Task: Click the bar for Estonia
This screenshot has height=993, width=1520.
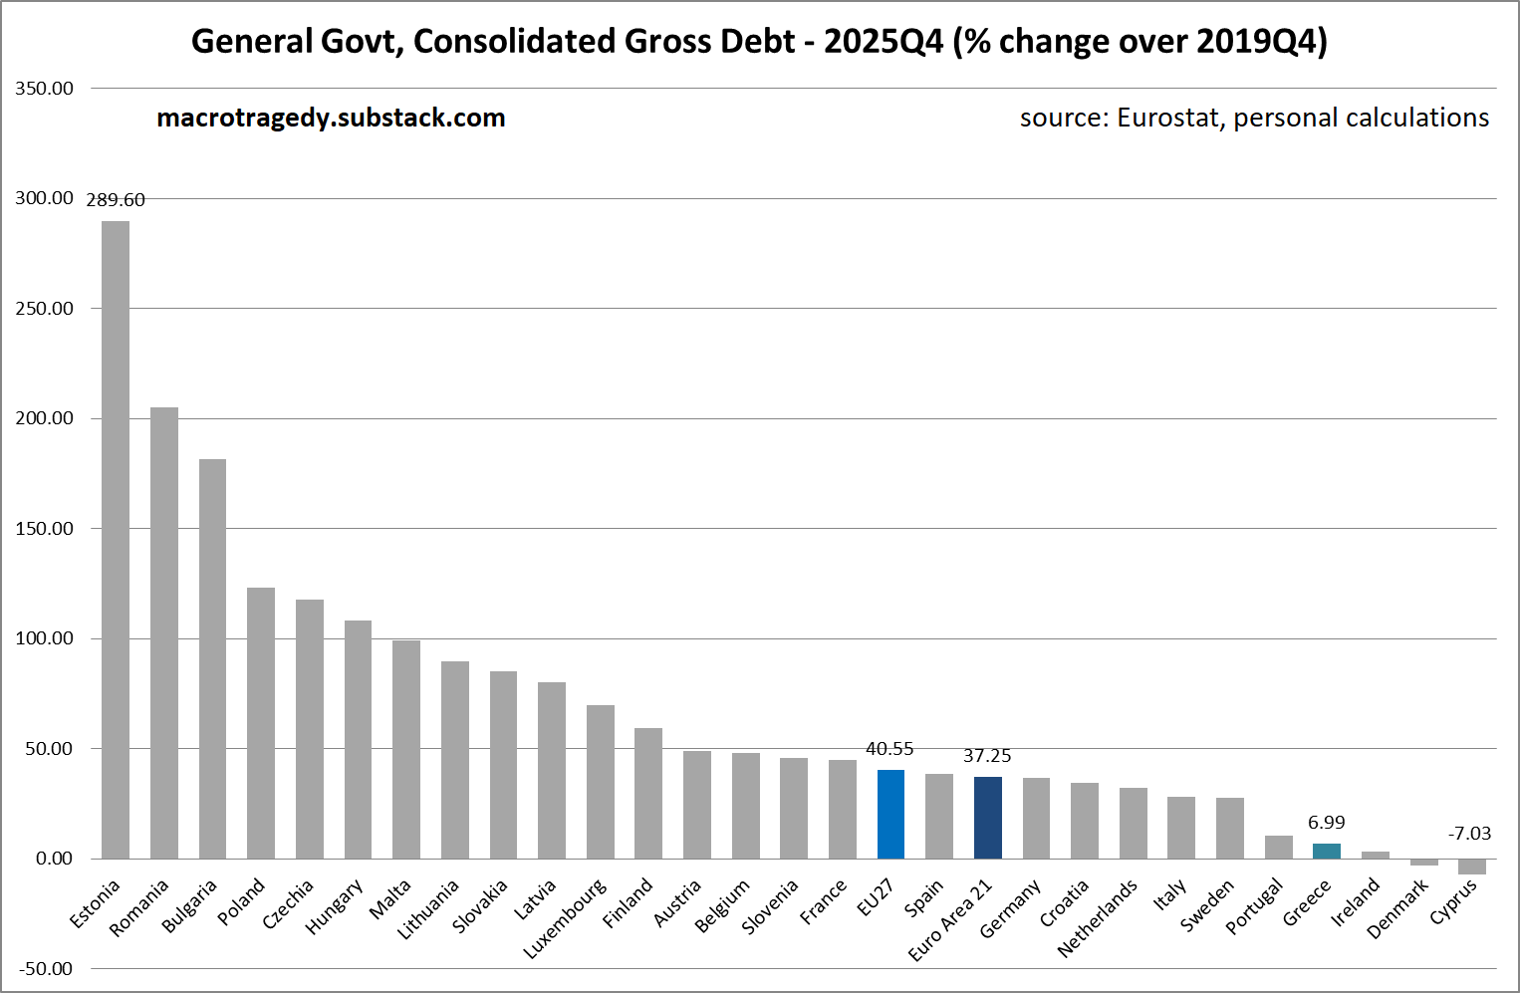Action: click(116, 539)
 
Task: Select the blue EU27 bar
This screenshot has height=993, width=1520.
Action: click(890, 814)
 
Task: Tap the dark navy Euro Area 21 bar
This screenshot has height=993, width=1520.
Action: click(987, 818)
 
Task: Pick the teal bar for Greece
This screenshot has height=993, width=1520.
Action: click(1326, 851)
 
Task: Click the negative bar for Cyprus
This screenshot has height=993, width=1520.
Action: click(1471, 867)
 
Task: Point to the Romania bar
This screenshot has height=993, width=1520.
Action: click(164, 632)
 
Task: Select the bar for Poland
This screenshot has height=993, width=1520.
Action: click(261, 722)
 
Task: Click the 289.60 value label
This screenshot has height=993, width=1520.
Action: click(116, 200)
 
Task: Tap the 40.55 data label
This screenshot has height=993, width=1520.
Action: click(889, 749)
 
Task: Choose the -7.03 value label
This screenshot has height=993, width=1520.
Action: click(1469, 834)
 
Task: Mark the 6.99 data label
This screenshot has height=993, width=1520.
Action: click(1326, 823)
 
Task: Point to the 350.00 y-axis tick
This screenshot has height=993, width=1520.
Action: click(45, 89)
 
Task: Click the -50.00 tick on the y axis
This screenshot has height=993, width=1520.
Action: click(45, 969)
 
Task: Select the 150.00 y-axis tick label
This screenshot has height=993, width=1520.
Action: click(45, 529)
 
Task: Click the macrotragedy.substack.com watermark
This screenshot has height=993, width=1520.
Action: click(331, 119)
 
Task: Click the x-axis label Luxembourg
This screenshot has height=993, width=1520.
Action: click(565, 918)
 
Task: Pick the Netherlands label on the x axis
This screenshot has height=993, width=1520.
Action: click(1097, 917)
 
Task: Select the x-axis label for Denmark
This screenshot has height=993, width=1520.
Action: click(1397, 907)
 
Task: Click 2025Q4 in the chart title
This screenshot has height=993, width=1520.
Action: click(883, 42)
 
